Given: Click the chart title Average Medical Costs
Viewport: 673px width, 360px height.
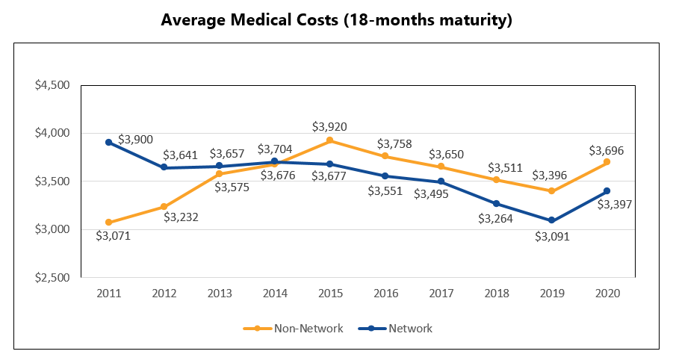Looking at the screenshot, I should coord(336,20).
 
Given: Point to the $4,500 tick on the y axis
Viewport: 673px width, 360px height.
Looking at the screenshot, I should coord(52,85).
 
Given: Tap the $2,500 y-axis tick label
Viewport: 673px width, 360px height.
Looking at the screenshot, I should coord(52,278).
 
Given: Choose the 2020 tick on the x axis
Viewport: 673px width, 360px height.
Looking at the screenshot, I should coord(607,294).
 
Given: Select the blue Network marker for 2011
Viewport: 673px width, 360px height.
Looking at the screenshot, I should coord(108,142).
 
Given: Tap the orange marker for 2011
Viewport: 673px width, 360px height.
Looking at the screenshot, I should coord(108,222).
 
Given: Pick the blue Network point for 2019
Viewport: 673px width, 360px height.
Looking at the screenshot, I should coord(551,220).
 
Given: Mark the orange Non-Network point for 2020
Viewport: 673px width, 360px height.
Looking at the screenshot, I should coord(607,162).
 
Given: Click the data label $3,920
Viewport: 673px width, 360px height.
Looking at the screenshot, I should coord(329,126).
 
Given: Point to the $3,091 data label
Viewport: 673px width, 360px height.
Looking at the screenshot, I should coord(551,237).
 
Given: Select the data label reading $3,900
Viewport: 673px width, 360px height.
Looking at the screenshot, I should coord(136,140).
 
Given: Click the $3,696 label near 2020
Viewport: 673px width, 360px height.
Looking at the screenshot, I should coord(607,149).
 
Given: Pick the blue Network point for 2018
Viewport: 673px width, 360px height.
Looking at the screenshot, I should coord(496,203).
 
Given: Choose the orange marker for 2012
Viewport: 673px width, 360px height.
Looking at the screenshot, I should coord(164,207).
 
